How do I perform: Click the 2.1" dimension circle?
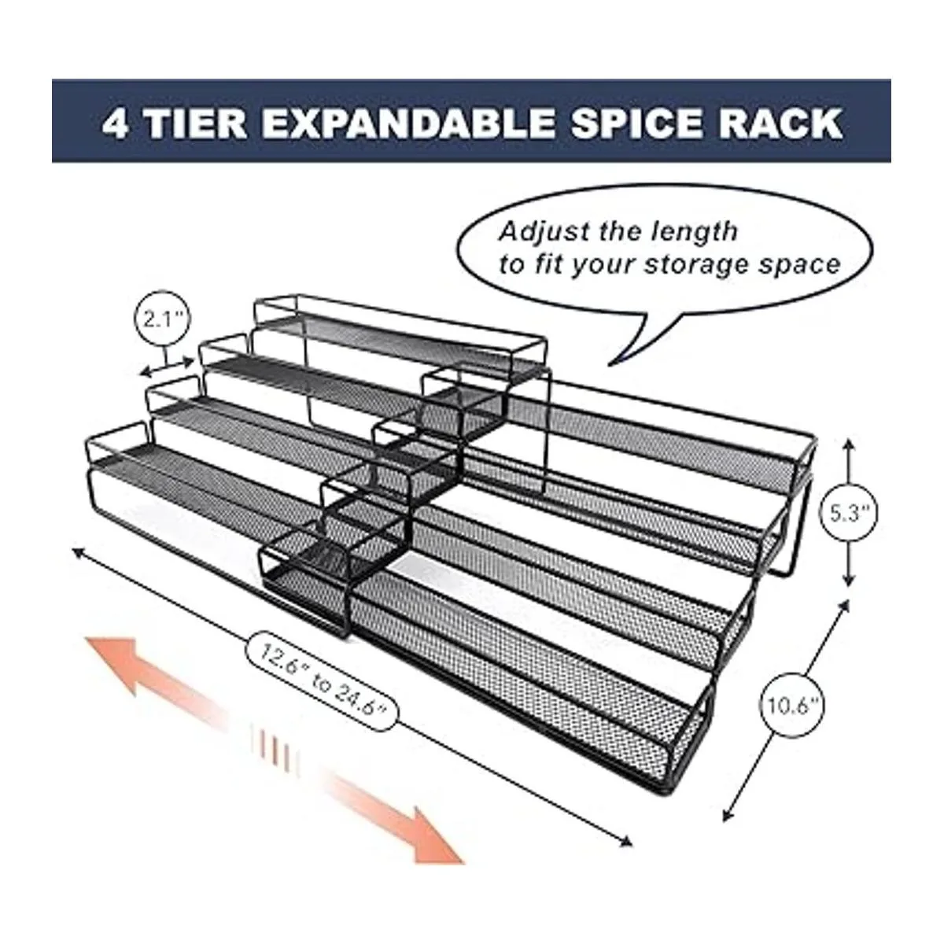(162, 319)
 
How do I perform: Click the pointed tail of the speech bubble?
(608, 365)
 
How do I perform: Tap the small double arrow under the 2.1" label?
(167, 367)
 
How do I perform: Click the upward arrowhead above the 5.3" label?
(849, 446)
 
